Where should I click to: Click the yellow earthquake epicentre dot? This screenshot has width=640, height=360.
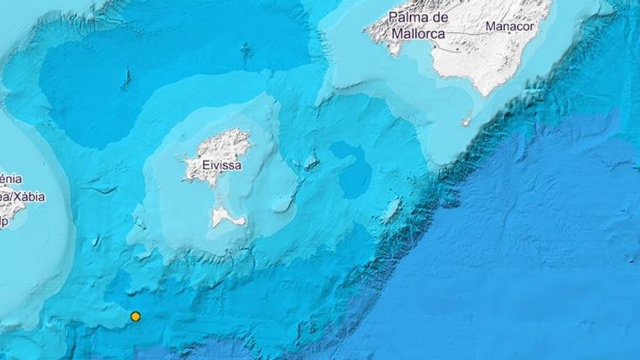(x=135, y=316)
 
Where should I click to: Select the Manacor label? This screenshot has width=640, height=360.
(x=509, y=26)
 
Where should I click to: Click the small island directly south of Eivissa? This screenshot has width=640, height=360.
(x=222, y=216)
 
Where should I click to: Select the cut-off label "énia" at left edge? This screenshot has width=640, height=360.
(x=10, y=179)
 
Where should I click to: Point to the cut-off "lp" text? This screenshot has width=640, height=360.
(x=4, y=223)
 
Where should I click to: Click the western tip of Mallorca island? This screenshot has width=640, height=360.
(x=367, y=31)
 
